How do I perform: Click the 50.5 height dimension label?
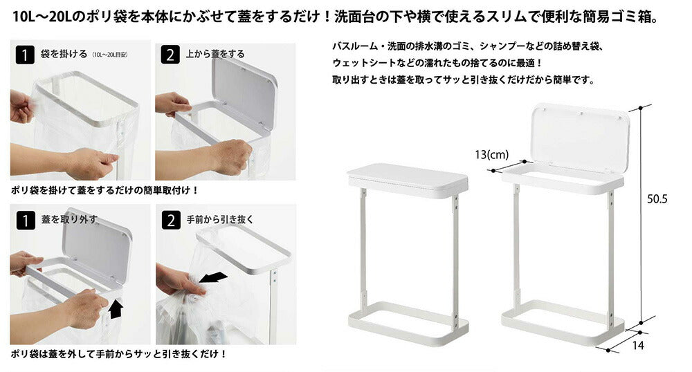pos(657,198)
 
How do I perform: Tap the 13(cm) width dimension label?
pos(491,155)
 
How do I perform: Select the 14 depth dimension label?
pos(638,345)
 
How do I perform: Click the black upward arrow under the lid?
pos(116,308)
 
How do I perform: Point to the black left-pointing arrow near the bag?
pos(213,278)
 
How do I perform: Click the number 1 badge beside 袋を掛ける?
pos(25,55)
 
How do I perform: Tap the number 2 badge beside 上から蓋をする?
pos(170,55)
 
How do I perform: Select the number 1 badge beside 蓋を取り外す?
pos(25,221)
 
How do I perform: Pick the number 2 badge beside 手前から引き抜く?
pos(171,221)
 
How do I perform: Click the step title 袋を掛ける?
pos(64,54)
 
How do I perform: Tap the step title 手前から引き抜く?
pos(220,219)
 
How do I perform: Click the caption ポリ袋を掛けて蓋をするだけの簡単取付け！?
pos(105,190)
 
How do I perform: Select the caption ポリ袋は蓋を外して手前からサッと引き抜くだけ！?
pos(119,354)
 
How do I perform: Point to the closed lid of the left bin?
pos(408,179)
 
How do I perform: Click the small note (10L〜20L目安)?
pos(110,55)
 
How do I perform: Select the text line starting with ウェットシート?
pos(437,63)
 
